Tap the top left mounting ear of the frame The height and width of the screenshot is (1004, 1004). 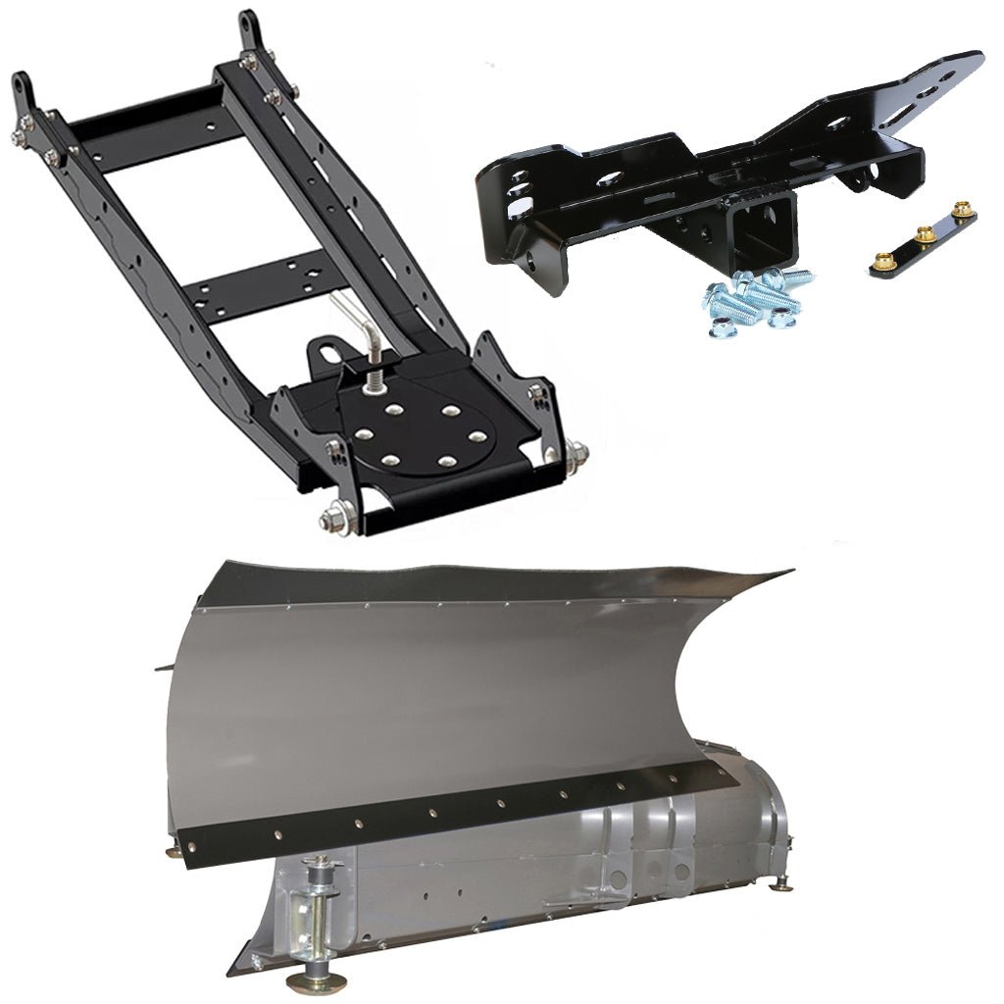point(25,93)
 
